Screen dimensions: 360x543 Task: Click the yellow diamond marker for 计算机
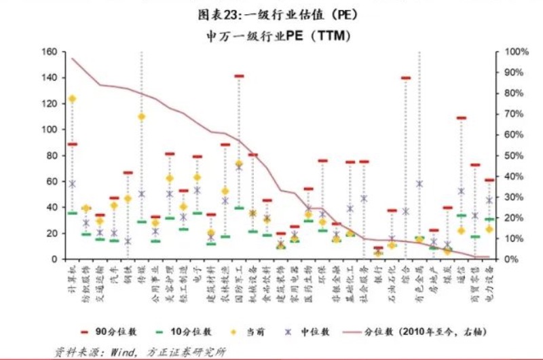pos(72,98)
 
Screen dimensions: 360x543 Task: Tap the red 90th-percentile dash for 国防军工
pos(239,76)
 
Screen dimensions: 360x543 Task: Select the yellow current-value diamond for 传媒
pos(142,116)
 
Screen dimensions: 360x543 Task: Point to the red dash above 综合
pos(406,78)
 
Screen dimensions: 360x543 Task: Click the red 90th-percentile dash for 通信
pos(462,118)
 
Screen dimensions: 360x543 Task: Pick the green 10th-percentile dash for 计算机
pos(72,213)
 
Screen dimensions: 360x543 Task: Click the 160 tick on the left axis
pos(49,52)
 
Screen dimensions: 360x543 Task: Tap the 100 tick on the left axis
pos(49,130)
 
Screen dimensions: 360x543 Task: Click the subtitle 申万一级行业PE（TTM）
pos(272,36)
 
